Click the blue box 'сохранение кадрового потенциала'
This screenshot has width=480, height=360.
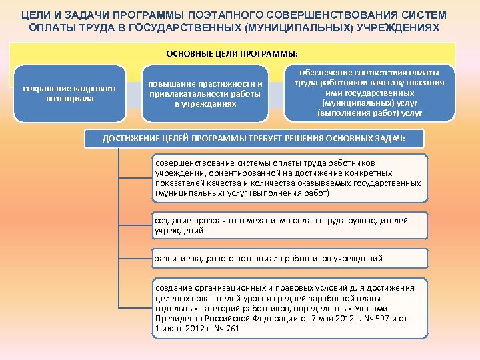coord(69,93)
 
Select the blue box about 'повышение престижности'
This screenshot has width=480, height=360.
coord(205,93)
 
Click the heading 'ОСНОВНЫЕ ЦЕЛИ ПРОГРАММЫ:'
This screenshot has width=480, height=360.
coord(231,52)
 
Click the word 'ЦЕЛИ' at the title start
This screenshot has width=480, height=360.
coord(35,15)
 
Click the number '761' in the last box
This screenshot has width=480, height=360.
coord(233,329)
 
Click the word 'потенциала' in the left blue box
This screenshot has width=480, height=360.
coord(69,99)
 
